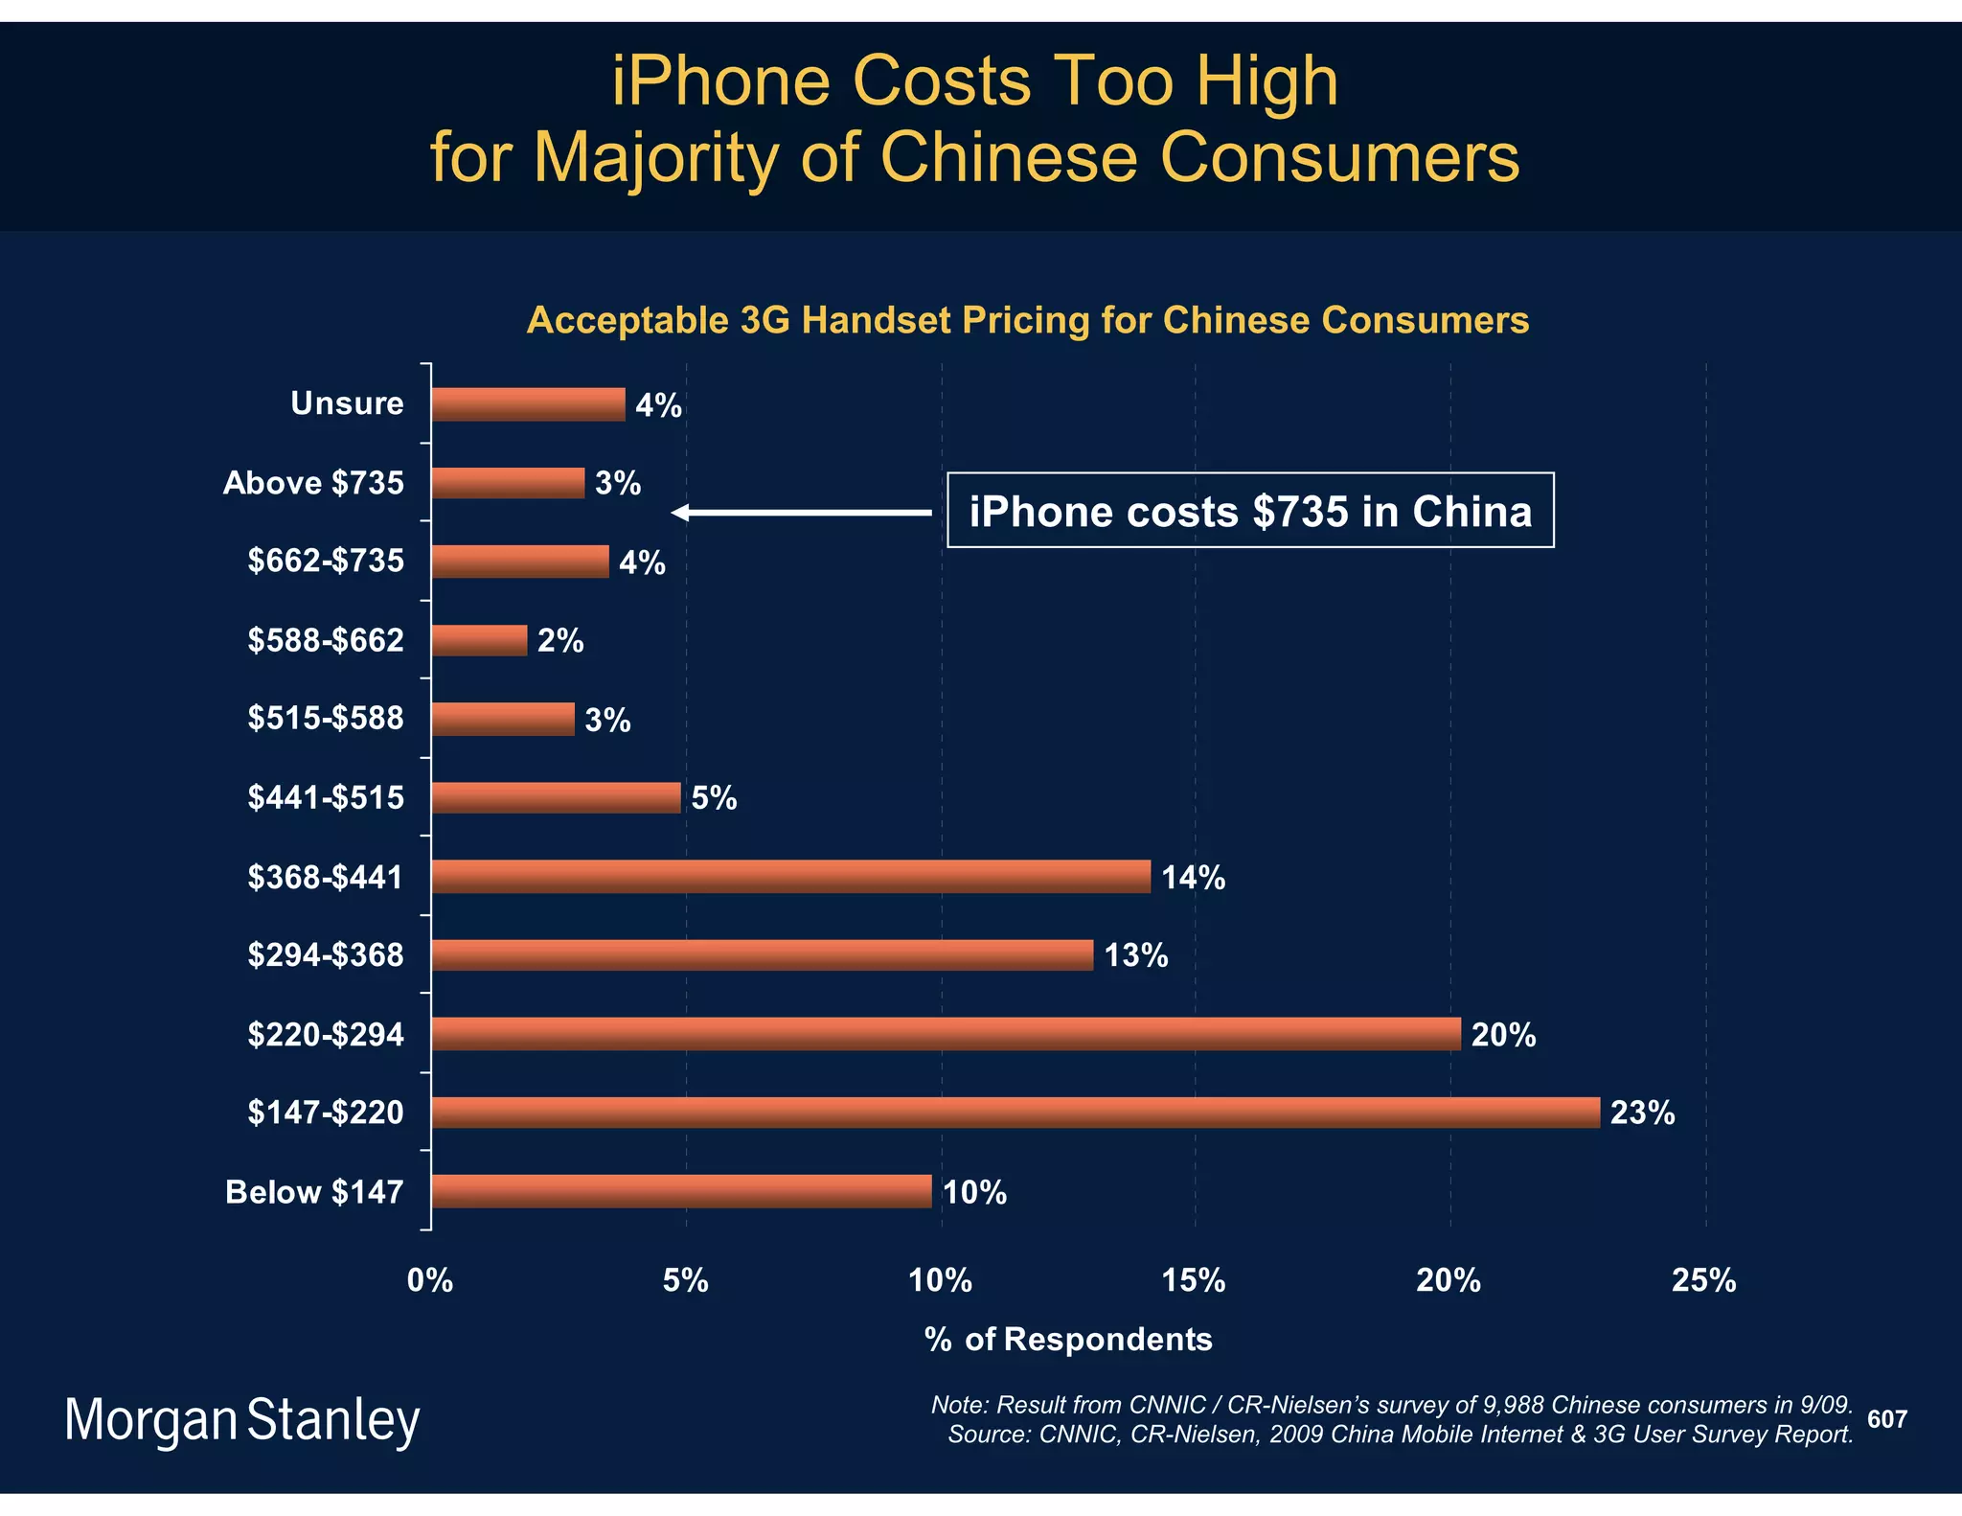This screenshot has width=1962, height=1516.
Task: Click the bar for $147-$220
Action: (x=1015, y=1112)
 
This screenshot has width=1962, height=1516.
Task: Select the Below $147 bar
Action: (x=681, y=1190)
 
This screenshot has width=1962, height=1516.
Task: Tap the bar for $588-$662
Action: (x=479, y=640)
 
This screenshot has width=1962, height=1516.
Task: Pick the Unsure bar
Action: (x=528, y=404)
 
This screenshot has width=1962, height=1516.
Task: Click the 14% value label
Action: (x=1193, y=878)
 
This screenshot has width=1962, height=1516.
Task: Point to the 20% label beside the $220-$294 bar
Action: (x=1503, y=1035)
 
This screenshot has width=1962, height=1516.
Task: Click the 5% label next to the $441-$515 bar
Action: (x=714, y=798)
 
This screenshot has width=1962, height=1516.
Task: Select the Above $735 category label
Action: (x=313, y=483)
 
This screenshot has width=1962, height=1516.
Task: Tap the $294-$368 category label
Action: (x=326, y=955)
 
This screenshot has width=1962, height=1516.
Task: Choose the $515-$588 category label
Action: (x=326, y=719)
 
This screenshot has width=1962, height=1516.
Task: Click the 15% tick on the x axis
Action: (x=1194, y=1280)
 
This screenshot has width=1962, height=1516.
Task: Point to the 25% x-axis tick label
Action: (x=1703, y=1280)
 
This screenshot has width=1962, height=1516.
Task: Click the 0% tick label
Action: (x=430, y=1280)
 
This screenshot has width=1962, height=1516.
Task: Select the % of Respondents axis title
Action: (x=1068, y=1339)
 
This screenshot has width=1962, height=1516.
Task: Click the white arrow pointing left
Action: (x=801, y=513)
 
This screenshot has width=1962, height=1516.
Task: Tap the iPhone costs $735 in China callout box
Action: (x=1250, y=511)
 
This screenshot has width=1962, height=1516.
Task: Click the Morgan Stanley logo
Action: (x=242, y=1420)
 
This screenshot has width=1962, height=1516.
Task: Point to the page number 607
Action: (x=1886, y=1419)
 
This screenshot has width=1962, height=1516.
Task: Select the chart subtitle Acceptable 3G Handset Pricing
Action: (x=1027, y=320)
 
